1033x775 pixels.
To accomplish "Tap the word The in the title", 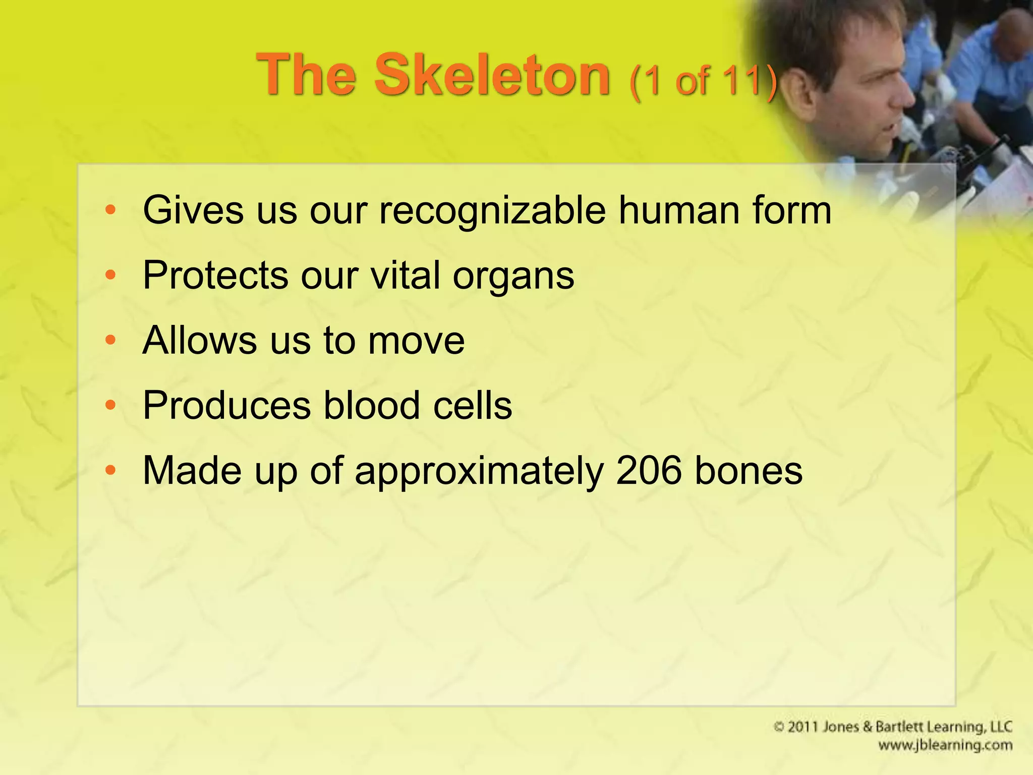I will click(x=306, y=76).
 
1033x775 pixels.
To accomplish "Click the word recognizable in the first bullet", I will click(x=492, y=211).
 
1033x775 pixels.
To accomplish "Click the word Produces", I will click(x=226, y=406).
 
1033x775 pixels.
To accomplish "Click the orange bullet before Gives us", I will click(x=110, y=209).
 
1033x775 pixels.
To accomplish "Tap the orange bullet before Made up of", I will click(x=110, y=470).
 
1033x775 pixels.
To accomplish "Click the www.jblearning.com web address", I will click(x=945, y=745).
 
